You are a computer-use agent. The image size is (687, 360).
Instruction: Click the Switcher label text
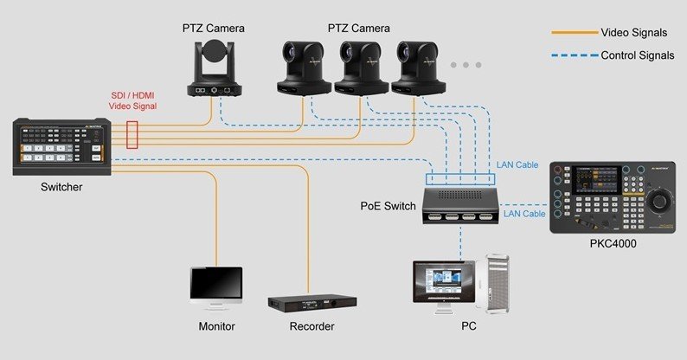tap(60, 187)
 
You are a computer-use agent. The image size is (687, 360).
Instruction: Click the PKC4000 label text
tap(613, 244)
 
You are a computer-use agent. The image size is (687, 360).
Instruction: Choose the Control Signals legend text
tap(638, 55)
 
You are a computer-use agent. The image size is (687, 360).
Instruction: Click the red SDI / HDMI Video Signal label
tap(132, 100)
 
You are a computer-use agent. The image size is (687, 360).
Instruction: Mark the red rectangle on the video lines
tap(132, 136)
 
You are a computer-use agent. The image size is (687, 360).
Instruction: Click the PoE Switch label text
tap(388, 207)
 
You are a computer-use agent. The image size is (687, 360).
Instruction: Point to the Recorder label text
tap(311, 326)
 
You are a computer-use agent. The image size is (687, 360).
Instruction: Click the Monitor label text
tap(215, 326)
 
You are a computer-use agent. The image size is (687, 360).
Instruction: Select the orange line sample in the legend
tap(574, 33)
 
